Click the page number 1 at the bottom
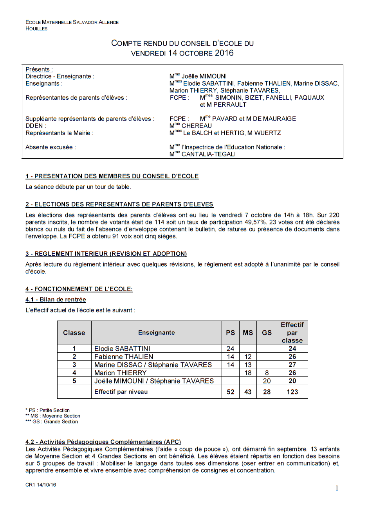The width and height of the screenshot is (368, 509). tap(337, 488)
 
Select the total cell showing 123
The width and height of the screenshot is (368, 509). tap(292, 392)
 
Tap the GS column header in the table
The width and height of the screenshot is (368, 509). tap(267, 333)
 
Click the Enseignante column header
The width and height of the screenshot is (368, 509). tap(156, 333)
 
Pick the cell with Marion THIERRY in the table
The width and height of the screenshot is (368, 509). tap(120, 373)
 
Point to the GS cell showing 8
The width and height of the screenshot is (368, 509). tap(267, 373)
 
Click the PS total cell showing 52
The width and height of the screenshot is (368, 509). tap(231, 392)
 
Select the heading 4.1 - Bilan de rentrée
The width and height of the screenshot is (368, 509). tap(56, 299)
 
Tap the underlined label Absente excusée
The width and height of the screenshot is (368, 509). tap(51, 147)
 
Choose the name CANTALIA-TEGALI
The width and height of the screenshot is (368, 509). tap(208, 154)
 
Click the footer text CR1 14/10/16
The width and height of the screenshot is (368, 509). tap(41, 485)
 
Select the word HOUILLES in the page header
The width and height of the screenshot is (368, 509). tap(36, 29)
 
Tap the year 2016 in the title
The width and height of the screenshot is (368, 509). tap(224, 53)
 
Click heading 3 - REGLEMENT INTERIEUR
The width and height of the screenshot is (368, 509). tap(106, 254)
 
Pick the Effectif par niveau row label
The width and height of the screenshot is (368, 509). tap(121, 392)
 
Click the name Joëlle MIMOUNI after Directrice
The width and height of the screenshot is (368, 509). tap(204, 77)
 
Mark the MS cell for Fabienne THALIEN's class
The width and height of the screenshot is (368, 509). tap(248, 357)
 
